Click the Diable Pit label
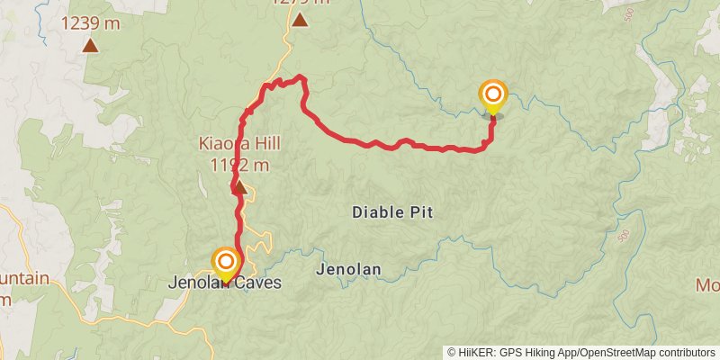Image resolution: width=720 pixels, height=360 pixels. [x=393, y=212]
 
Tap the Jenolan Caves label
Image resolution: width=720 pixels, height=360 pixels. [x=225, y=283]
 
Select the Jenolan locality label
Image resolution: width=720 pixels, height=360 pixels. [x=349, y=269]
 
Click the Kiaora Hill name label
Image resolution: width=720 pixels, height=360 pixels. [x=239, y=144]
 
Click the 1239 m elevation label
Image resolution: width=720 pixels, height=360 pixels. [x=91, y=24]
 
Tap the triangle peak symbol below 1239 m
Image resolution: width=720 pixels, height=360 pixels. [x=91, y=44]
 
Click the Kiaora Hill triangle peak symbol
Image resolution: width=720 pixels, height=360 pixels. [x=239, y=186]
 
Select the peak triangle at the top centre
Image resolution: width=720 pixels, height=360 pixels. [x=299, y=17]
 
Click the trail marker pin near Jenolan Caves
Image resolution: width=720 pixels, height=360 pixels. [x=225, y=264]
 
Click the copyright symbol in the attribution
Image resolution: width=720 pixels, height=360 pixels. [x=452, y=352]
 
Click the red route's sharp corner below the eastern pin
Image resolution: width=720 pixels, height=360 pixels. [x=491, y=144]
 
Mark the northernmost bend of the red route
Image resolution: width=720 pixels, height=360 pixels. [x=301, y=79]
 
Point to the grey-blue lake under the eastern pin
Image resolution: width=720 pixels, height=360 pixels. [x=492, y=114]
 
